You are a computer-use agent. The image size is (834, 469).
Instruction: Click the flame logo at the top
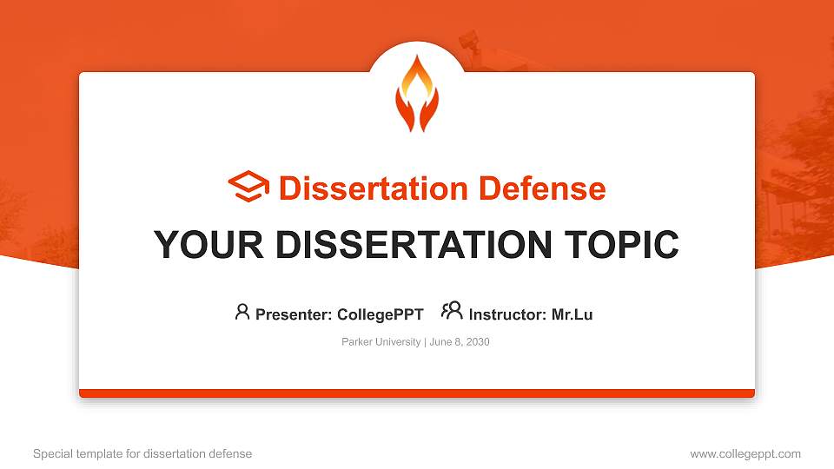click(x=417, y=93)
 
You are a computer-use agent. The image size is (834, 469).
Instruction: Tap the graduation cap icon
click(x=248, y=188)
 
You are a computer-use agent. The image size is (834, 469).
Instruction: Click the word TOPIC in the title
click(x=619, y=245)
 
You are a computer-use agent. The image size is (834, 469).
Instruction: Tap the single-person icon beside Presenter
click(x=242, y=312)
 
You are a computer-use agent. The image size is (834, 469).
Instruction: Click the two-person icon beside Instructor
click(x=452, y=311)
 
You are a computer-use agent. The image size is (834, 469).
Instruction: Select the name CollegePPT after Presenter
click(x=381, y=314)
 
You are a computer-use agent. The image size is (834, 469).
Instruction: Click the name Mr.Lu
click(x=572, y=314)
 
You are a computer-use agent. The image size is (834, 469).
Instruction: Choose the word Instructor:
click(x=507, y=314)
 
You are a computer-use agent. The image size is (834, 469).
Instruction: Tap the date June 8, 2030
click(x=460, y=342)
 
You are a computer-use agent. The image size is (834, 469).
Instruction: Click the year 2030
click(x=477, y=342)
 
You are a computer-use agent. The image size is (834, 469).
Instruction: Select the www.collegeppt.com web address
click(x=745, y=454)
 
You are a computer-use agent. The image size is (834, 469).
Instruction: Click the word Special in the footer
click(x=51, y=454)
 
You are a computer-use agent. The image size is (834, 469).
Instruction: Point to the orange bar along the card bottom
click(x=417, y=393)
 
